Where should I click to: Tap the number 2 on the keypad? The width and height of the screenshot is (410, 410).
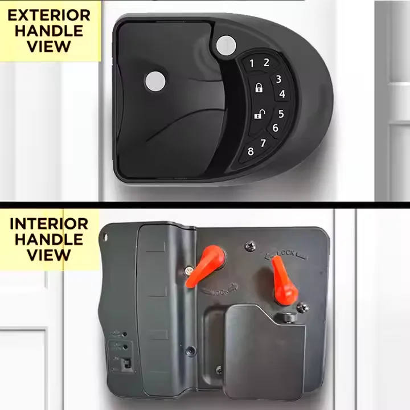(x=266, y=62)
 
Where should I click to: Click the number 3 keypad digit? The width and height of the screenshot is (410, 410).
(x=278, y=79)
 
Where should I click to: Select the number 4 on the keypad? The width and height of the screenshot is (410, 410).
(x=282, y=94)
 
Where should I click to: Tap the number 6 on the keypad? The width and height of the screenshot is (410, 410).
(x=276, y=128)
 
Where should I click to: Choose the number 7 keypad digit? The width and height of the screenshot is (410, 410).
(x=263, y=143)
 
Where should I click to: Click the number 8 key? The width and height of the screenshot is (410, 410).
(x=251, y=151)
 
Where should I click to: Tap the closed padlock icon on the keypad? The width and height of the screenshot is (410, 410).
(x=259, y=88)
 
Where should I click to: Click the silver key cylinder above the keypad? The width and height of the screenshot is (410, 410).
(x=226, y=46)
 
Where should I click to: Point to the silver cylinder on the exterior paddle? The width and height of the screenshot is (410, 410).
(x=155, y=81)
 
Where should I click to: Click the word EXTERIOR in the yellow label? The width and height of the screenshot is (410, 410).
(x=49, y=15)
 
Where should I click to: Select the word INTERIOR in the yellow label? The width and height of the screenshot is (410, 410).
(x=49, y=224)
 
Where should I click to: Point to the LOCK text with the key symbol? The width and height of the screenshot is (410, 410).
(x=219, y=290)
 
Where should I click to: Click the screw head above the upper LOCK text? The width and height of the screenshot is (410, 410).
(x=250, y=247)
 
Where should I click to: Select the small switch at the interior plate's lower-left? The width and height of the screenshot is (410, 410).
(x=127, y=364)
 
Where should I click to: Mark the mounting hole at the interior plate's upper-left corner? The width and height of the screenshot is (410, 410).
(x=105, y=237)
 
